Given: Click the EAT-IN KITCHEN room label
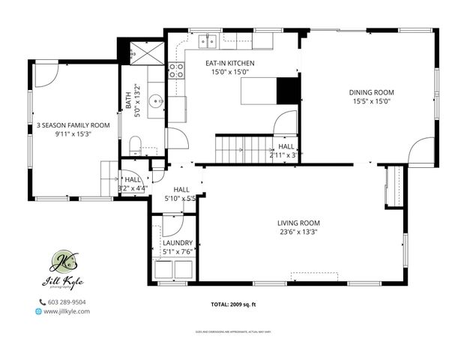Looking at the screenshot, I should pos(231,63).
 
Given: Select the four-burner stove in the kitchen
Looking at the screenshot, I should pos(176,70).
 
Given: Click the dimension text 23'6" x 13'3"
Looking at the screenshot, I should pos(298,232).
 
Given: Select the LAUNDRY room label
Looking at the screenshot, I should pos(178,243).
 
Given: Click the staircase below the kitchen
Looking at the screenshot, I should pos(243,148).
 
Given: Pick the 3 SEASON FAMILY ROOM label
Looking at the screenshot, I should pos(73,125).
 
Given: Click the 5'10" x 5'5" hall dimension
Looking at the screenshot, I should pos(180,199).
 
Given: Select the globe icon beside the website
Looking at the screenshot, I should pos(38,311).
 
